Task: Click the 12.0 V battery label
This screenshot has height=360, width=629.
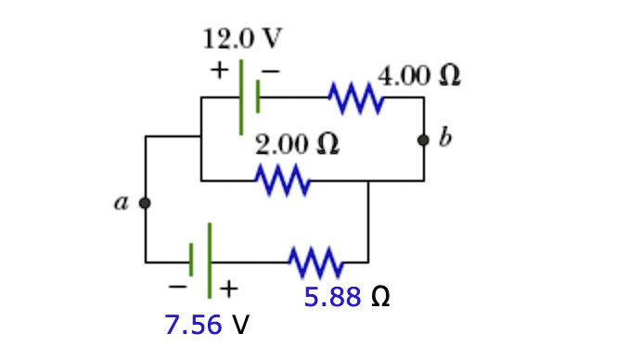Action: pyautogui.click(x=242, y=39)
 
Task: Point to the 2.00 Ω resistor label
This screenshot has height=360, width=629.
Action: pyautogui.click(x=296, y=145)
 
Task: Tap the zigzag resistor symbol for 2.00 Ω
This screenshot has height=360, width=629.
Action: pyautogui.click(x=284, y=179)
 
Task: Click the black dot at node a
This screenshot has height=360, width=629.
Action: pyautogui.click(x=145, y=201)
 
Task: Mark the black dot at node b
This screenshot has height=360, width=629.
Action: pyautogui.click(x=424, y=140)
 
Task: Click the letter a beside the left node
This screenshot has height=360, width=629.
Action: pyautogui.click(x=121, y=202)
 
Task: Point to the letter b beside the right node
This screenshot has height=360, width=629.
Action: pyautogui.click(x=446, y=140)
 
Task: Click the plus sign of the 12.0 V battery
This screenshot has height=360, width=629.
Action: pyautogui.click(x=219, y=70)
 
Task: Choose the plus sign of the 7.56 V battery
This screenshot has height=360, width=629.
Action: pyautogui.click(x=227, y=289)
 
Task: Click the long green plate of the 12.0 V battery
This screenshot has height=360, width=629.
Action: pyautogui.click(x=241, y=96)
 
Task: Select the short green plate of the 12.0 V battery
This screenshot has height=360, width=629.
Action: pyautogui.click(x=258, y=96)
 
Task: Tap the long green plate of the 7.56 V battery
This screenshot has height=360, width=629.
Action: pyautogui.click(x=210, y=260)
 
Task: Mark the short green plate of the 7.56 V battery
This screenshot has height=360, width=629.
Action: pyautogui.click(x=192, y=261)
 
